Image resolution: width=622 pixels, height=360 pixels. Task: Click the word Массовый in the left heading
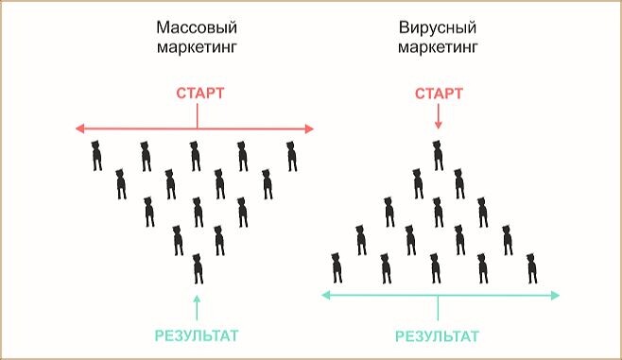tap(197, 28)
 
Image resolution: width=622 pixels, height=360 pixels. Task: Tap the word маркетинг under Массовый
tap(197, 48)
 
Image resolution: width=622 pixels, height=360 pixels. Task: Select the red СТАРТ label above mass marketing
tap(197, 94)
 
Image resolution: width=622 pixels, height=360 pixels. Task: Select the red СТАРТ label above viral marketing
tap(439, 94)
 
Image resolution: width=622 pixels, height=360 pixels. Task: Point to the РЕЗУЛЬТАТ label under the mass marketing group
tap(197, 335)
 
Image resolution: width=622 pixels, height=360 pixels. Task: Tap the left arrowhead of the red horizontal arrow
tap(82, 129)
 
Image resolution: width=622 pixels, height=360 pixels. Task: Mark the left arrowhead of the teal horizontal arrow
tap(325, 296)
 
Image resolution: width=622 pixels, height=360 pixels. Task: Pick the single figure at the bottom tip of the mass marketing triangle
tap(198, 269)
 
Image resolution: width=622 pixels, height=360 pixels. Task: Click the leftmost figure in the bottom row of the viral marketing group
tap(337, 267)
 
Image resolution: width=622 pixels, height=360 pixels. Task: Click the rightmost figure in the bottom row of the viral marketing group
tap(531, 267)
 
